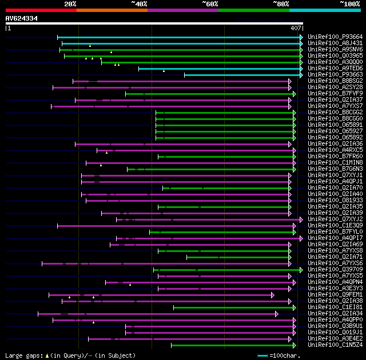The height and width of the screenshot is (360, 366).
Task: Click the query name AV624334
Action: tap(22, 18)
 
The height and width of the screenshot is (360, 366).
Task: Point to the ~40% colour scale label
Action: tap(139, 3)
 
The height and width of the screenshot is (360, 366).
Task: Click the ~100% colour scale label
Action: tap(350, 3)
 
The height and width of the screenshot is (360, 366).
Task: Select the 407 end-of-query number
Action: tap(296, 28)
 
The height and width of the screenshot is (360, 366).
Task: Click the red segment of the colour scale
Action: tap(41, 10)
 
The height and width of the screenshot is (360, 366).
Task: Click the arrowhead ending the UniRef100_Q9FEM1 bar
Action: tap(272, 295)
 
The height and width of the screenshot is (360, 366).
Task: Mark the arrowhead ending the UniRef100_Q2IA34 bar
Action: tap(276, 314)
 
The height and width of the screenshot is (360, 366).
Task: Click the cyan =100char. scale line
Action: tap(263, 355)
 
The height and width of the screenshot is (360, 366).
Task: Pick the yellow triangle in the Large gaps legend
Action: tap(47, 355)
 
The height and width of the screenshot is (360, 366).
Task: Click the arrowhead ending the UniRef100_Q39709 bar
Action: tap(301, 270)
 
